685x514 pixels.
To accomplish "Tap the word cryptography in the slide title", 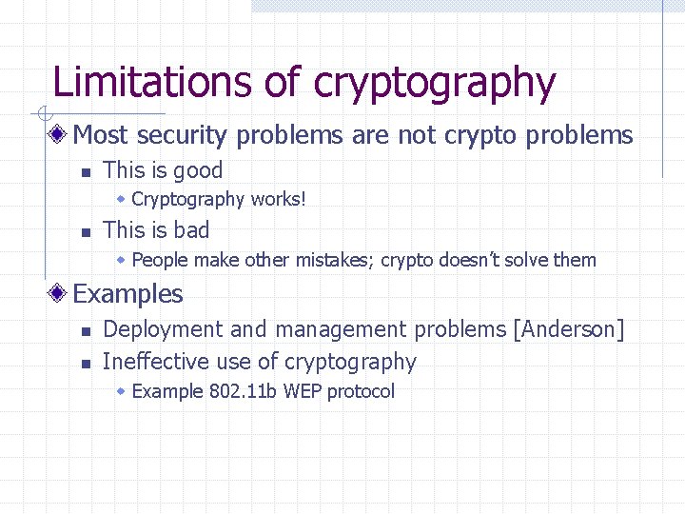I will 435,84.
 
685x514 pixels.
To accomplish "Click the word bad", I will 190,230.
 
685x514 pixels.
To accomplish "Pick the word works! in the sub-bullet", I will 278,199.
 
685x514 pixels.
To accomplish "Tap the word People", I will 160,260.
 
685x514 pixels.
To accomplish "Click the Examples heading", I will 127,294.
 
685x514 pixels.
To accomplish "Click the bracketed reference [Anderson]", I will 569,330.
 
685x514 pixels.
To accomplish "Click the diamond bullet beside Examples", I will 59,293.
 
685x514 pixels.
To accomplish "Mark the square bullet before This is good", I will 85,172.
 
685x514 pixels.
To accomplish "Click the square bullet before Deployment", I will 85,331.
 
